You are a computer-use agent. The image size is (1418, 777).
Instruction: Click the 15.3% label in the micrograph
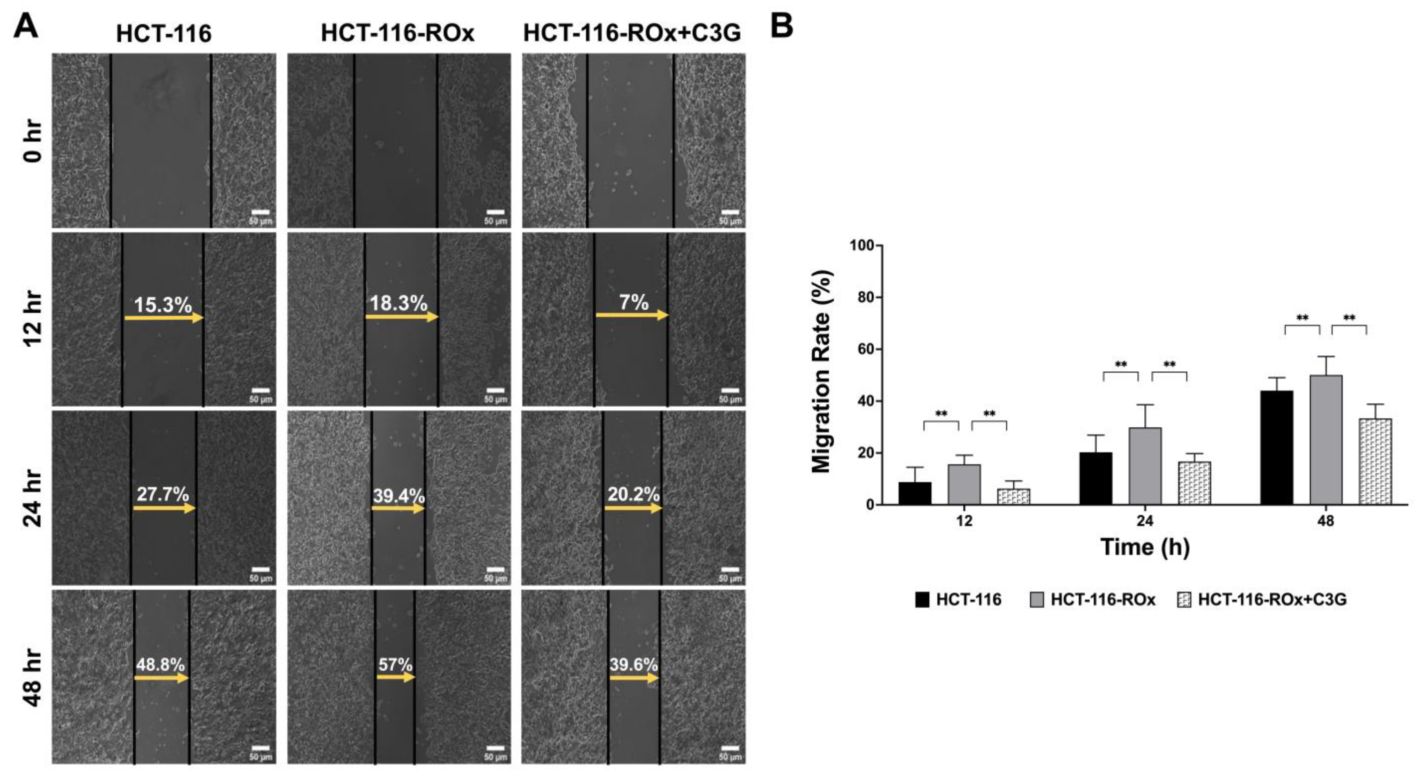click(163, 305)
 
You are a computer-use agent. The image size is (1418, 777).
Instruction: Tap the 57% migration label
click(395, 665)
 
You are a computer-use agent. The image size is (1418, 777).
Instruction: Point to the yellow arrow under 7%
click(632, 315)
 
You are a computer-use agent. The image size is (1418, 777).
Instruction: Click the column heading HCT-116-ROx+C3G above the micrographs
click(632, 34)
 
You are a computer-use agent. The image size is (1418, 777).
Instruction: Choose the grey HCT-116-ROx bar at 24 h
click(1145, 466)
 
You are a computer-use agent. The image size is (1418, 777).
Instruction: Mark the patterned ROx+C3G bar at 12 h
click(1013, 496)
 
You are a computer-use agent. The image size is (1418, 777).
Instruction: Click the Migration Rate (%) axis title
click(821, 372)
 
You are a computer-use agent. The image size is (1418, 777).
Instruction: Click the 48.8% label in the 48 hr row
click(161, 665)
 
